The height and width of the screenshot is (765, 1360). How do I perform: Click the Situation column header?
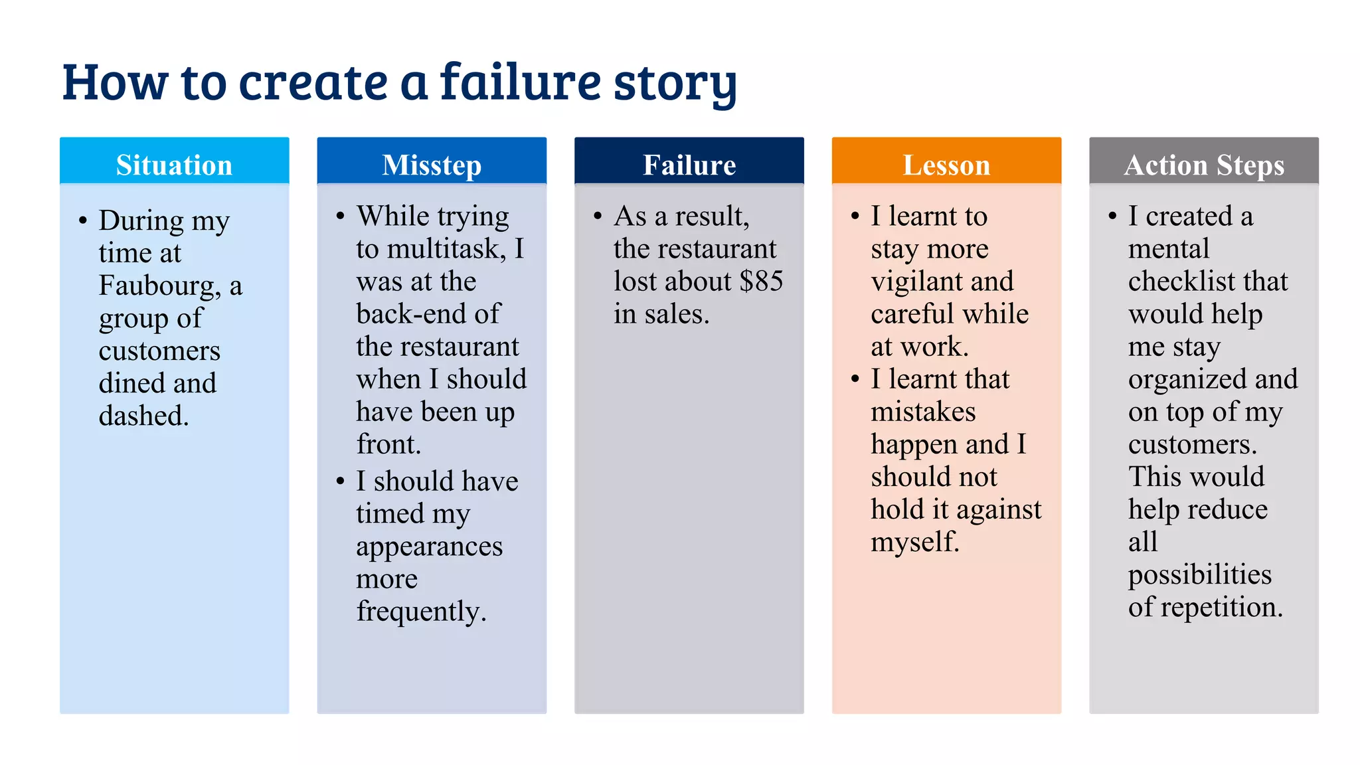coord(174,165)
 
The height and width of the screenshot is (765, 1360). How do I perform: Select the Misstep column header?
coord(432,165)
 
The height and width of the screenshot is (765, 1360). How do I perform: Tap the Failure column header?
coord(689,165)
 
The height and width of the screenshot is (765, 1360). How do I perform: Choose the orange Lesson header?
coord(946,165)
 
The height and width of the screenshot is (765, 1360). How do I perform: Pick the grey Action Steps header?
coord(1204,165)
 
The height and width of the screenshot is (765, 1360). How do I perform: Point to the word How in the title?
coord(116,82)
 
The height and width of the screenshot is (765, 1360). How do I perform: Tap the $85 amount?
coord(761,282)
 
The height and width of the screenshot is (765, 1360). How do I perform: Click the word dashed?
coord(143,416)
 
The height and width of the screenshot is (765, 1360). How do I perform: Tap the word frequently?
coord(421,612)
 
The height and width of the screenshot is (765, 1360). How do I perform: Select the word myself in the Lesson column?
coord(914,542)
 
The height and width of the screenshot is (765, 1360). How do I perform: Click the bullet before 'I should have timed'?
coord(341,481)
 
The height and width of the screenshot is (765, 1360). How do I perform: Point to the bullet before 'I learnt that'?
coord(855,379)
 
